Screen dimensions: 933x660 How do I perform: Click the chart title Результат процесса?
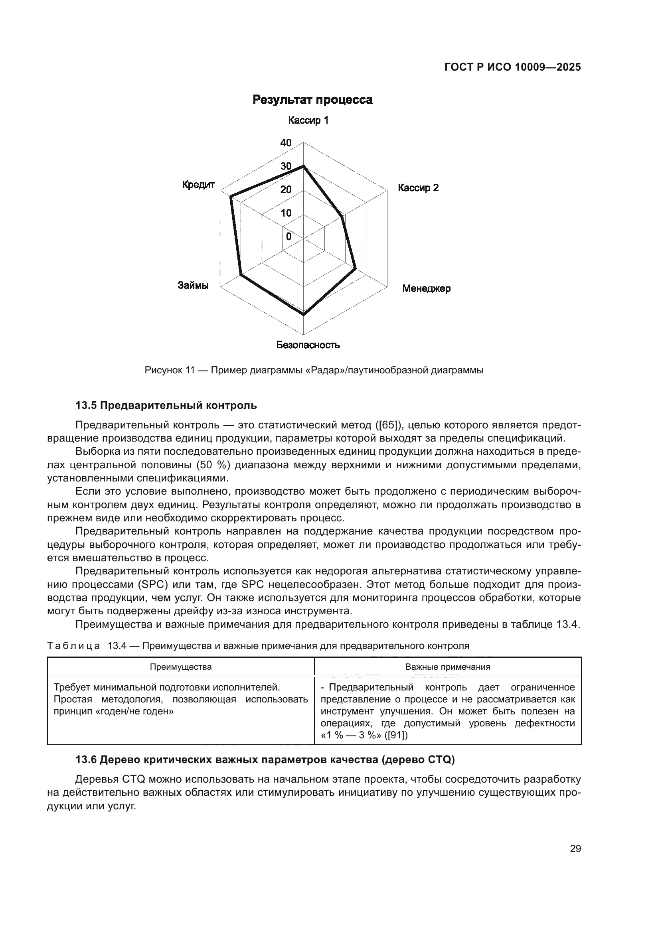tap(312, 100)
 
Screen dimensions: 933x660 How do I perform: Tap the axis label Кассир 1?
tap(308, 120)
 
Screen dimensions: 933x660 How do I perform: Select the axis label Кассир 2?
tap(418, 188)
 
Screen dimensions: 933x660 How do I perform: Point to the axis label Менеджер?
tap(426, 288)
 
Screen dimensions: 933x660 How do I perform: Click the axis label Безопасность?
tap(308, 345)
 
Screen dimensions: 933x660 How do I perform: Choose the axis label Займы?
tap(193, 285)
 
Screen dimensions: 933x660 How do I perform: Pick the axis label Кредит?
tap(198, 185)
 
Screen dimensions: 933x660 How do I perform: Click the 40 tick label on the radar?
tap(286, 143)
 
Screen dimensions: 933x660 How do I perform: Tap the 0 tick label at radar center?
tap(289, 237)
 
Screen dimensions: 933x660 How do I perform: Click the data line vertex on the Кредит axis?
tap(231, 197)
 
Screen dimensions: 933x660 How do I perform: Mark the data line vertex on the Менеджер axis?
tap(356, 268)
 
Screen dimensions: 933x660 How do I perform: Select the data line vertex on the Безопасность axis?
tap(304, 314)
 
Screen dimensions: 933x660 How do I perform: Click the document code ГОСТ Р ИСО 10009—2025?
tap(512, 67)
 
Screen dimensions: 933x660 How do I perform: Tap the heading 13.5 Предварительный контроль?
tap(166, 406)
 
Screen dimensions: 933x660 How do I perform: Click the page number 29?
tap(575, 849)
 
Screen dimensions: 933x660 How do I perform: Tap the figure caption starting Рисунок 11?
tap(314, 371)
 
